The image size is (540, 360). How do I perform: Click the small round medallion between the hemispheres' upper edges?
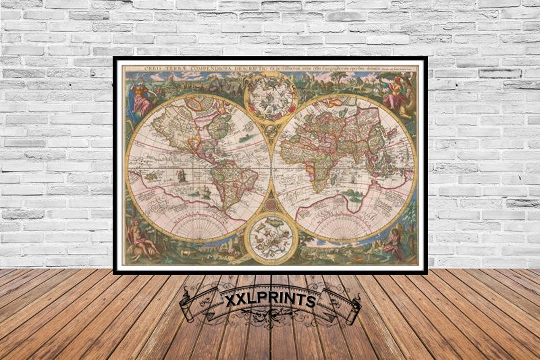271,132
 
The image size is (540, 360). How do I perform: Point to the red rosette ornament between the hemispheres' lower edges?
271,205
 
